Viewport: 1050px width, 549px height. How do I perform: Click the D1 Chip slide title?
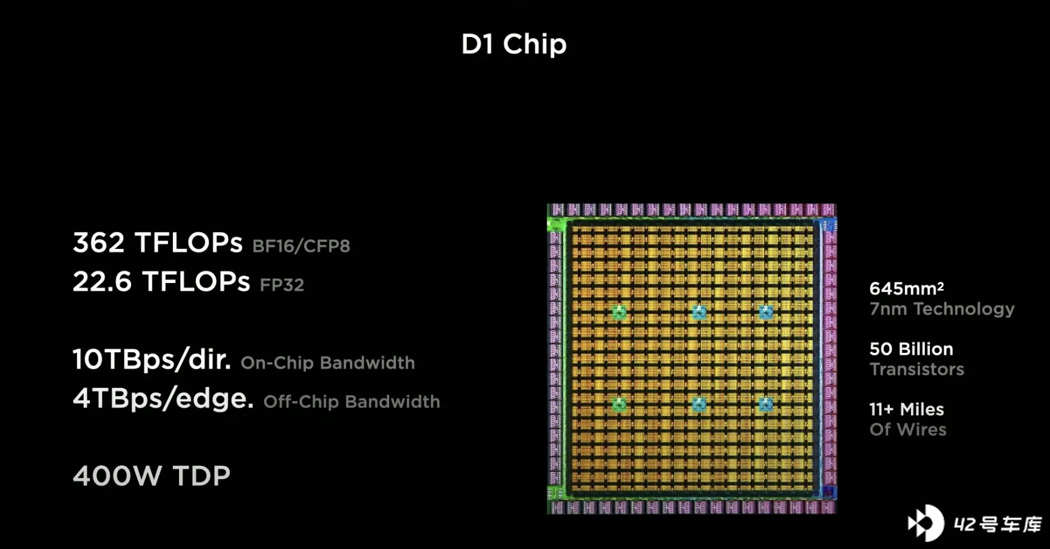coord(514,44)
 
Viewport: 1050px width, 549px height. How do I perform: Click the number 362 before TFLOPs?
coord(99,242)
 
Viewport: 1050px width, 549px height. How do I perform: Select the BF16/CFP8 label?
coord(301,246)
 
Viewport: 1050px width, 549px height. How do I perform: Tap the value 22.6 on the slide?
coord(102,282)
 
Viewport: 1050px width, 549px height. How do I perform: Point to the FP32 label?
coord(282,285)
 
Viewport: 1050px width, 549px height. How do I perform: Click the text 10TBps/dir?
coord(152,360)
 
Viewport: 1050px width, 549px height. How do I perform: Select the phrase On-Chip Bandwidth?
coord(328,363)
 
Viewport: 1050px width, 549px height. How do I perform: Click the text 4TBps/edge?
coord(163,398)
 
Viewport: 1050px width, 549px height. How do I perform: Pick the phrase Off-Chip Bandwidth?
coord(351,401)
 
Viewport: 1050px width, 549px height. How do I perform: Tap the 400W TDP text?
coord(152,476)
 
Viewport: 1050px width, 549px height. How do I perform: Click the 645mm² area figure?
coord(907,288)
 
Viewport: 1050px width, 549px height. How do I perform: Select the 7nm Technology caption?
coord(942,309)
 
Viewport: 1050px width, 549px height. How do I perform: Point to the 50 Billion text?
coord(912,349)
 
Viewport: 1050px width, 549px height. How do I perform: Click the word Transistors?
coord(917,369)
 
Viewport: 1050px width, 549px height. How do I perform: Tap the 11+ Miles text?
coord(907,409)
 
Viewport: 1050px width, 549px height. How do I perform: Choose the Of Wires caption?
coord(908,429)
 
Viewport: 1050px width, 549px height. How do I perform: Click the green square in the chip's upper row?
coord(619,312)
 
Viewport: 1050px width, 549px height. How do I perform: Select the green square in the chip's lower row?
coord(619,404)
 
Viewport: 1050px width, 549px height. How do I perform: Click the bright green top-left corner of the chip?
coord(555,225)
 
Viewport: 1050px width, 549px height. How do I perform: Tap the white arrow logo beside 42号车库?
coord(926,523)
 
